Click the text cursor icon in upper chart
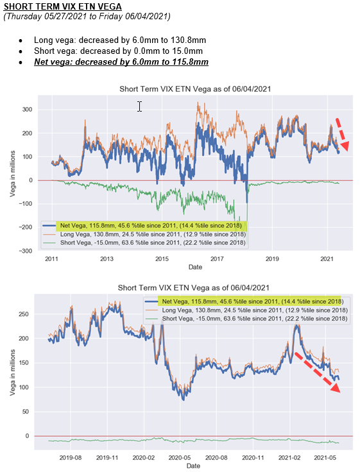pyautogui.click(x=139, y=106)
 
